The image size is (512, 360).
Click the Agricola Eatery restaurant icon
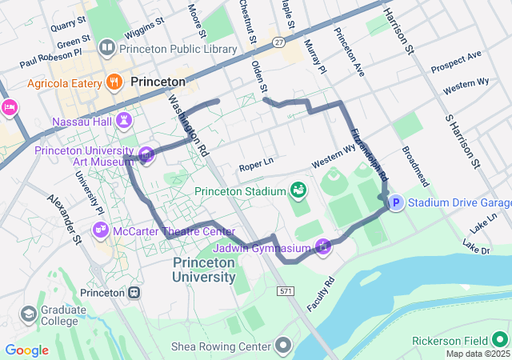[x=114, y=83]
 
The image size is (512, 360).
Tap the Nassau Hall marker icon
[x=124, y=122]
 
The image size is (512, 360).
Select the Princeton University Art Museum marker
[x=146, y=154]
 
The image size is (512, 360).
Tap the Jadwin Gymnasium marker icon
[x=322, y=246]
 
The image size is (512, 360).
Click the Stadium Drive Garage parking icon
[x=396, y=203]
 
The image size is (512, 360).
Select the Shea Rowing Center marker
[x=283, y=346]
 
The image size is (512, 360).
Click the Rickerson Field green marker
[x=500, y=340]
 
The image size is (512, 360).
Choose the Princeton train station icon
[x=134, y=293]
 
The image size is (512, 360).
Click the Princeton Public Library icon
[x=106, y=49]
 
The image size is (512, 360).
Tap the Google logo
[x=27, y=350]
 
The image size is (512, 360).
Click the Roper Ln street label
[x=256, y=164]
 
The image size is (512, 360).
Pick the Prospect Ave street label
[x=456, y=61]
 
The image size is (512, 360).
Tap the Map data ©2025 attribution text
[x=477, y=354]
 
